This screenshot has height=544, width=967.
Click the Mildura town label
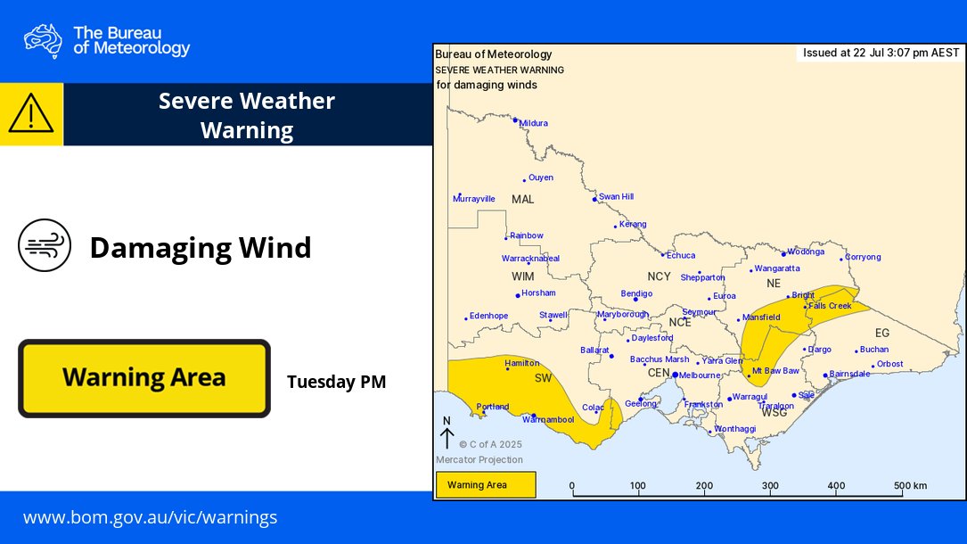(533, 123)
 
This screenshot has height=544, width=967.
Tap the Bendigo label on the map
(636, 293)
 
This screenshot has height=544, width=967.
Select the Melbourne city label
(700, 375)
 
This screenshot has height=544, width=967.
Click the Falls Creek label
(830, 306)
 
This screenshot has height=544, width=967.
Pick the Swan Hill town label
(616, 196)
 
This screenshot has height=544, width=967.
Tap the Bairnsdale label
(849, 374)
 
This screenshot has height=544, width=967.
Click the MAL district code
(523, 199)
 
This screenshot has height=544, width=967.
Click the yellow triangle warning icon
(31, 114)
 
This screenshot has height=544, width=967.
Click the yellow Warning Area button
(143, 378)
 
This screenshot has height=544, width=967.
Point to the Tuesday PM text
(336, 383)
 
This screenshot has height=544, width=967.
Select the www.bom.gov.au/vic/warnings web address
(150, 517)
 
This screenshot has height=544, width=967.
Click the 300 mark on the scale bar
(769, 486)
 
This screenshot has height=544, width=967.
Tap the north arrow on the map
(447, 434)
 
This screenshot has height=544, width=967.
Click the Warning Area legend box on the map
(486, 485)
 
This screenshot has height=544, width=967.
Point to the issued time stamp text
(881, 53)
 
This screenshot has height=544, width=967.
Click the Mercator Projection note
(479, 460)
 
